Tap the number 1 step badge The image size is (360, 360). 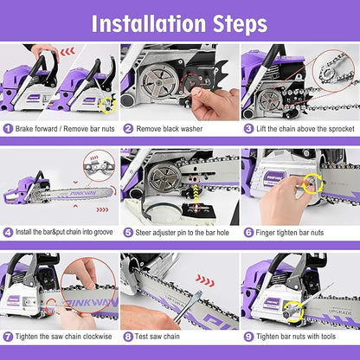8,128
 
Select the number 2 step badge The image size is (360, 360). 128,128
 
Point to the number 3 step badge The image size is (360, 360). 247,128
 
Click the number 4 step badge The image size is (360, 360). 8,232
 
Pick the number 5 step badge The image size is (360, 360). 128,232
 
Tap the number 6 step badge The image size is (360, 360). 247,232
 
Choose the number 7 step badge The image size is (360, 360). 8,336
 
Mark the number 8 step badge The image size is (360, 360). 128,336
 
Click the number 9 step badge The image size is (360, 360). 247,336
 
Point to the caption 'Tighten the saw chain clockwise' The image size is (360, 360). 62,336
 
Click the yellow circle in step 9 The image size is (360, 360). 279,304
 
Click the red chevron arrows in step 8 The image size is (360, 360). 204,280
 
